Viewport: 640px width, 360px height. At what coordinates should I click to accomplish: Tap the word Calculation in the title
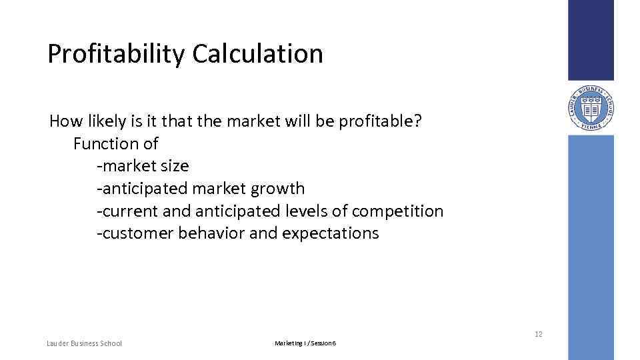(x=258, y=54)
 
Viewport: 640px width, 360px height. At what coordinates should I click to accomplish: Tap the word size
(x=175, y=166)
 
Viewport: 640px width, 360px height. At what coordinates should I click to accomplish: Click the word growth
(x=277, y=189)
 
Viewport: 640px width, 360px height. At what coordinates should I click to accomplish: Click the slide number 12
(x=538, y=334)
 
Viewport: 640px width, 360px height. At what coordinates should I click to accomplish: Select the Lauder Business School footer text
(x=84, y=343)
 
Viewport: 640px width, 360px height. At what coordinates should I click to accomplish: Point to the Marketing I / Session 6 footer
(x=305, y=343)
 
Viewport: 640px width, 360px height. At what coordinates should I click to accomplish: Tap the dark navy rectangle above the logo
(x=591, y=40)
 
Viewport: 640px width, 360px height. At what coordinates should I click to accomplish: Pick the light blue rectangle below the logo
(x=591, y=247)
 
